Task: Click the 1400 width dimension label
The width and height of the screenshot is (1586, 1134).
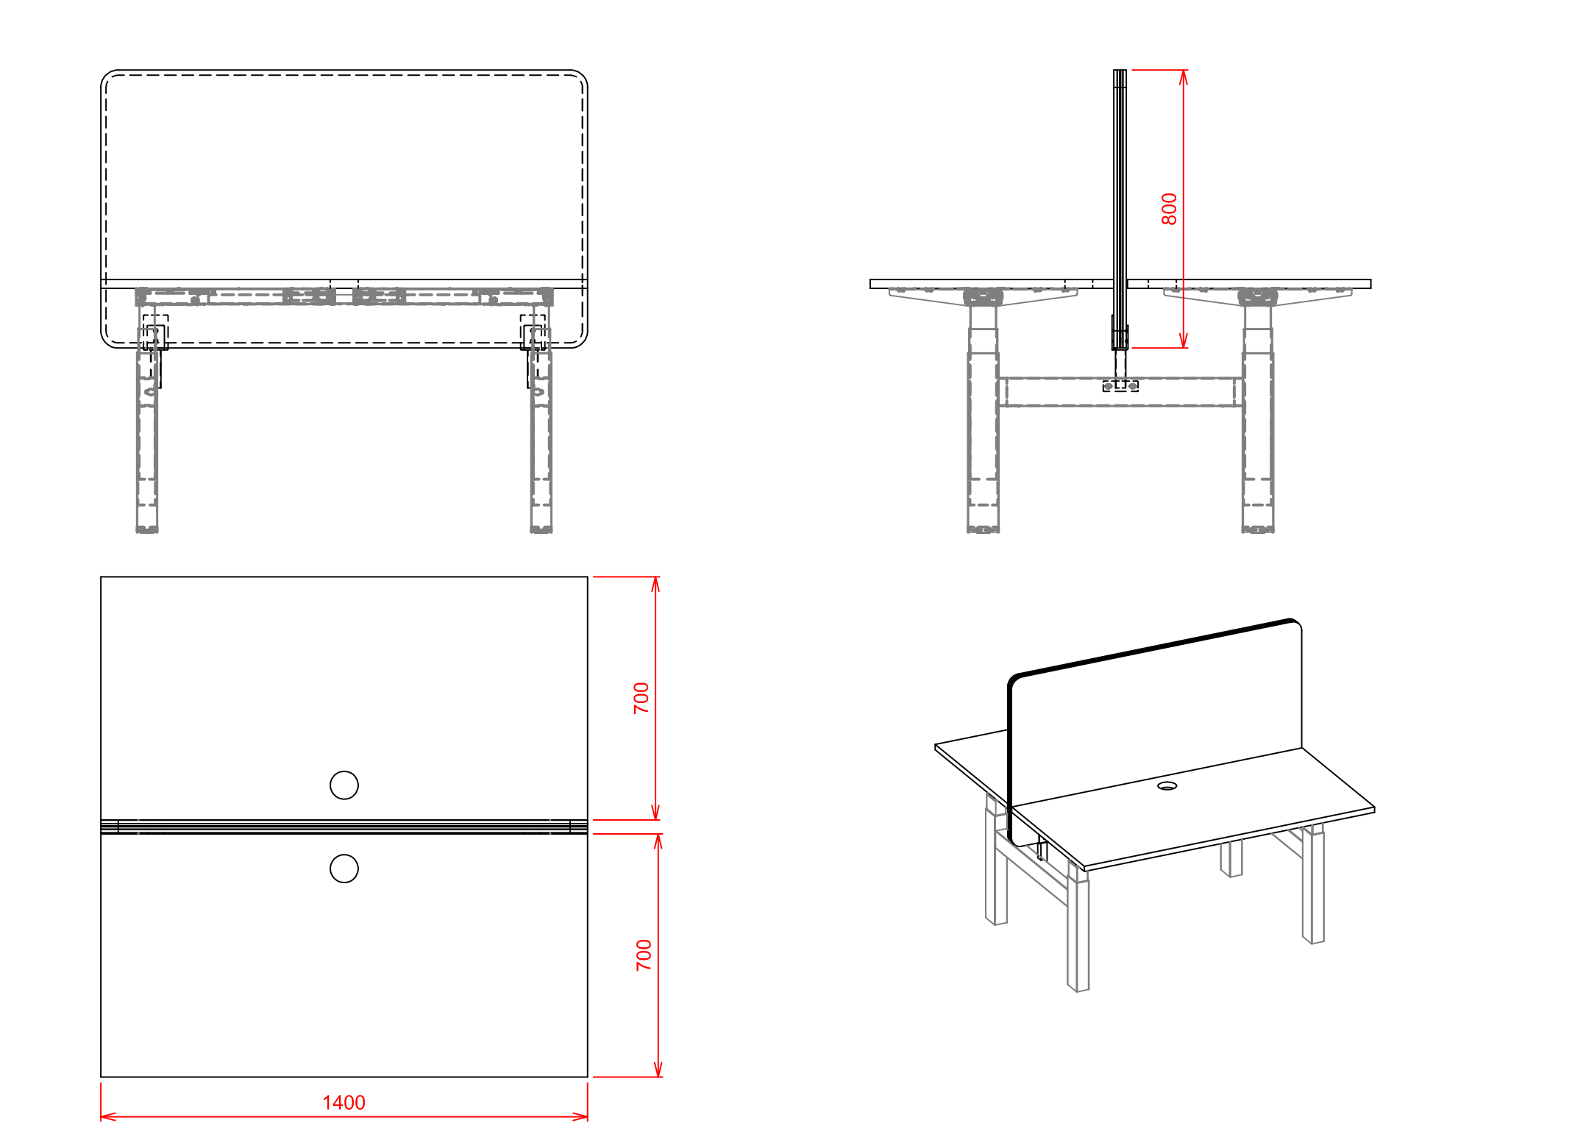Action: click(x=344, y=1102)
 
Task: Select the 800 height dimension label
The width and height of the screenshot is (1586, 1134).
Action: click(x=1169, y=209)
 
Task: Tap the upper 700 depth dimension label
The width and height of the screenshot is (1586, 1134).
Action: click(x=641, y=698)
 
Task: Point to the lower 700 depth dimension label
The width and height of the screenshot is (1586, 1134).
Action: click(x=644, y=955)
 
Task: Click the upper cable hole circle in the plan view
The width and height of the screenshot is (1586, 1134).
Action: click(x=344, y=785)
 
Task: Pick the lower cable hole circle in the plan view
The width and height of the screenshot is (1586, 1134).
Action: click(x=344, y=869)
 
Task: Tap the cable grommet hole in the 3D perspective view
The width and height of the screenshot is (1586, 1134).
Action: click(x=1167, y=786)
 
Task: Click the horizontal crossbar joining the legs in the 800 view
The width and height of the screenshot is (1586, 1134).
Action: click(x=1120, y=392)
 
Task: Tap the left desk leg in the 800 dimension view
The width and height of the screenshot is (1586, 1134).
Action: click(x=983, y=412)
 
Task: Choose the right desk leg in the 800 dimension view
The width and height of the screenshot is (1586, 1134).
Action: click(x=1258, y=412)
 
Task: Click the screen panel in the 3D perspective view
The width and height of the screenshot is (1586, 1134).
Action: click(x=1155, y=728)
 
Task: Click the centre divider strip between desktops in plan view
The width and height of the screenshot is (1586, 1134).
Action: click(x=344, y=827)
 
